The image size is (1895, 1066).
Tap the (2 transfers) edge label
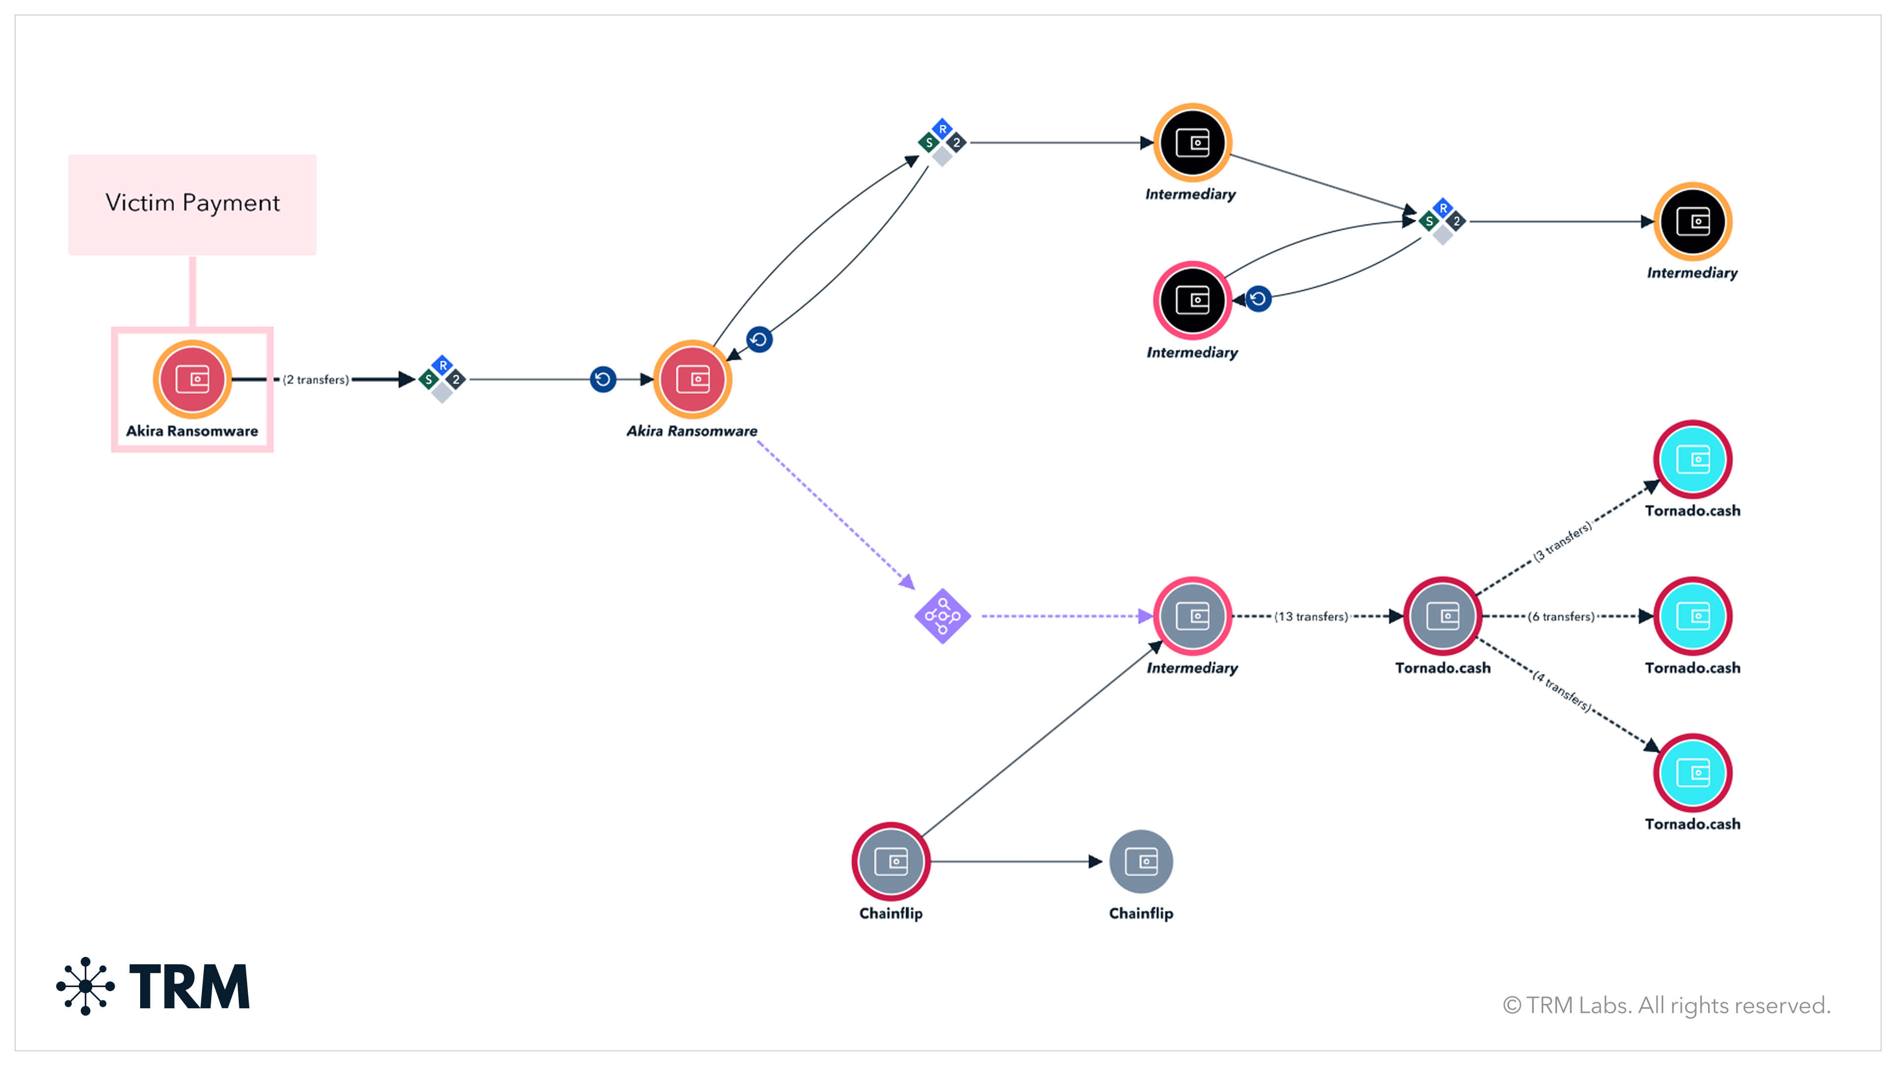[316, 380]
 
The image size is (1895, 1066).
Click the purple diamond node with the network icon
[943, 616]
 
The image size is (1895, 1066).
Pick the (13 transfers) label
[1312, 616]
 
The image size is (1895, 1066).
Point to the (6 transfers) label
[1561, 616]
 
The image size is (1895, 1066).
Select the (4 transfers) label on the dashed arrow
[1562, 691]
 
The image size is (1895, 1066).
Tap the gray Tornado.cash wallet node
[1442, 616]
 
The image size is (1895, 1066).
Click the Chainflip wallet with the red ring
[891, 862]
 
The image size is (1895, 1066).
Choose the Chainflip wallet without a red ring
[1141, 862]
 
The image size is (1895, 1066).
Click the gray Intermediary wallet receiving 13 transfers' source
[1192, 616]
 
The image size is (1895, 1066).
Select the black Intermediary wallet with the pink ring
[1192, 300]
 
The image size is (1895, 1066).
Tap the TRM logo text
[190, 987]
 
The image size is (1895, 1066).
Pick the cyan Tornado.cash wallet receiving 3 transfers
[1693, 460]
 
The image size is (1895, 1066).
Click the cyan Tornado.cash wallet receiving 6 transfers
[1693, 616]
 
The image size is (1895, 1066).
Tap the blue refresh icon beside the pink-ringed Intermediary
[1259, 299]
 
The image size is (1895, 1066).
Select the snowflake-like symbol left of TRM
[85, 986]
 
